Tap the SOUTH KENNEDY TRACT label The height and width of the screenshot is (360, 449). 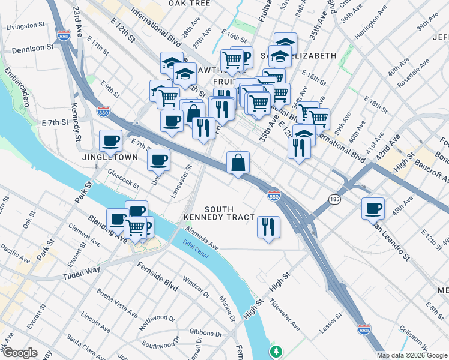click(x=219, y=213)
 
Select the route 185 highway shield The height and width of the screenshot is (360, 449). click(x=334, y=198)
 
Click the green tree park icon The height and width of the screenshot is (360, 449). click(x=276, y=350)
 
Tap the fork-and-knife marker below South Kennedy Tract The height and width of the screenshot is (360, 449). click(x=268, y=226)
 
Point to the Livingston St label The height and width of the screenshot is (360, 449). click(x=25, y=26)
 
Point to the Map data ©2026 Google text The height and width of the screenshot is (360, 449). click(x=412, y=355)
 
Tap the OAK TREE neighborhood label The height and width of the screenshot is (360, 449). click(x=189, y=3)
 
